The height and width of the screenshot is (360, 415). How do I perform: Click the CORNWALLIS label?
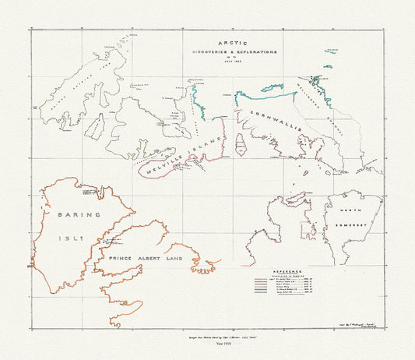269,121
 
